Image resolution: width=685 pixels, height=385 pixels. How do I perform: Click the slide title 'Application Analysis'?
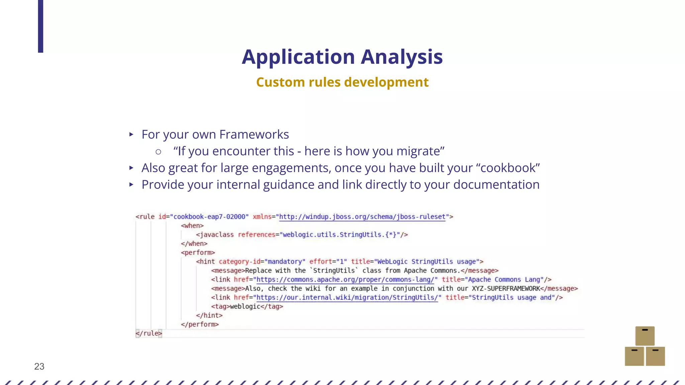coord(342,57)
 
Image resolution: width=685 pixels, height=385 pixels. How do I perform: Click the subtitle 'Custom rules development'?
coord(342,82)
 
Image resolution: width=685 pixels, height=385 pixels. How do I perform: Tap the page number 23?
coord(39,367)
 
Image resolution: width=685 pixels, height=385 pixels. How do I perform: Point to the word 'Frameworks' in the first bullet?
coord(254,134)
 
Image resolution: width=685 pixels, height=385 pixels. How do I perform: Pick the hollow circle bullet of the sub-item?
coord(159,152)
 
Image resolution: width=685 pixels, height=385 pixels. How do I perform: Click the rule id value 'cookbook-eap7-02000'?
coord(209,217)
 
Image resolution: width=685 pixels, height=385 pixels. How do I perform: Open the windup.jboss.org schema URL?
coord(362,217)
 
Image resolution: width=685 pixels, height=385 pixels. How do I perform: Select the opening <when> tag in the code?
coord(192,226)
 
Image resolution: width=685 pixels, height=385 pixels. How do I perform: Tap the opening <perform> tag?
coord(198,253)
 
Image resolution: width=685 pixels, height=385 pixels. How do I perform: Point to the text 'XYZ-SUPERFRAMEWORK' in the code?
coord(506,289)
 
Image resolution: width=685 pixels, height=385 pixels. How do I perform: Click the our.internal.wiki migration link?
coord(347,298)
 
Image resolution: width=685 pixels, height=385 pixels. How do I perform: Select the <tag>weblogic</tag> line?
coord(247,306)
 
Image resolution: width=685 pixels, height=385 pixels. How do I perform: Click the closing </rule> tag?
coord(149,334)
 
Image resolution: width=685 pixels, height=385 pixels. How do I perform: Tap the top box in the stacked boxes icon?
coord(645,336)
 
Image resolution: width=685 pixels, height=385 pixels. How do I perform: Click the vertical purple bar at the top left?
coord(40,26)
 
